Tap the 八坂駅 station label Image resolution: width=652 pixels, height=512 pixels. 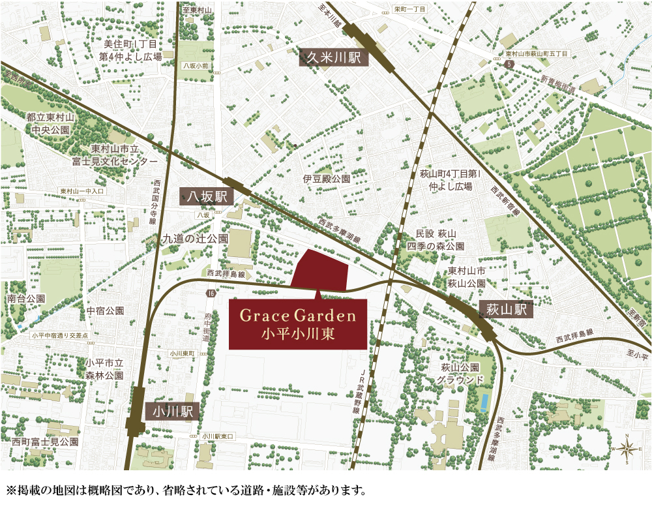click(x=204, y=196)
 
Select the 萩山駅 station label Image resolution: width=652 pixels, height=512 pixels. click(x=507, y=309)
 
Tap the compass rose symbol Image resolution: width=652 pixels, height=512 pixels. click(x=627, y=449)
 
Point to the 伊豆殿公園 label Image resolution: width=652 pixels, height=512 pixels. click(x=327, y=178)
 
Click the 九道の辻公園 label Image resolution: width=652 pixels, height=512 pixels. click(x=196, y=239)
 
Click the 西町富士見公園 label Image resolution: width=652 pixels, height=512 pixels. click(x=44, y=442)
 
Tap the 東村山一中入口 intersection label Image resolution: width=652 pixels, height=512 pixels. click(x=81, y=191)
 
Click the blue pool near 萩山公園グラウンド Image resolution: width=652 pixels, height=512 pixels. click(x=484, y=402)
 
